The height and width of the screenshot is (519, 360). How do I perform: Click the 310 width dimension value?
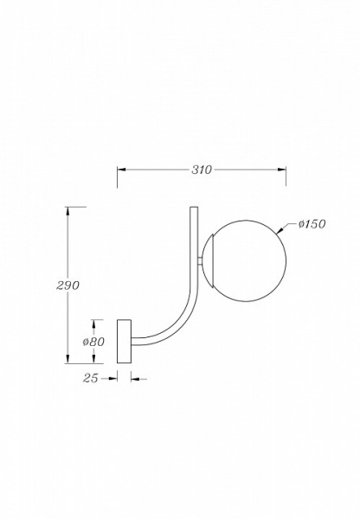[x=202, y=170]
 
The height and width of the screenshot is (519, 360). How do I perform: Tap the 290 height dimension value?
[x=67, y=285]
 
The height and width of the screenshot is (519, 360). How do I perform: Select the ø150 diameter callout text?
[x=312, y=224]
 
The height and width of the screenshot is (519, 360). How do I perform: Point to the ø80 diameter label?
[x=93, y=342]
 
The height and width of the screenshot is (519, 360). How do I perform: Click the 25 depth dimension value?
[x=90, y=378]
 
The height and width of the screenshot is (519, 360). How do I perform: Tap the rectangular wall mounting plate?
[x=124, y=342]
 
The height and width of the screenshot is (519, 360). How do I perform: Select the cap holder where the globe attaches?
[x=209, y=260]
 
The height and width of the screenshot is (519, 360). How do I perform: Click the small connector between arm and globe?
[x=201, y=261]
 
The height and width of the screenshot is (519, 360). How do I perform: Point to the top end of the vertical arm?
[x=194, y=208]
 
